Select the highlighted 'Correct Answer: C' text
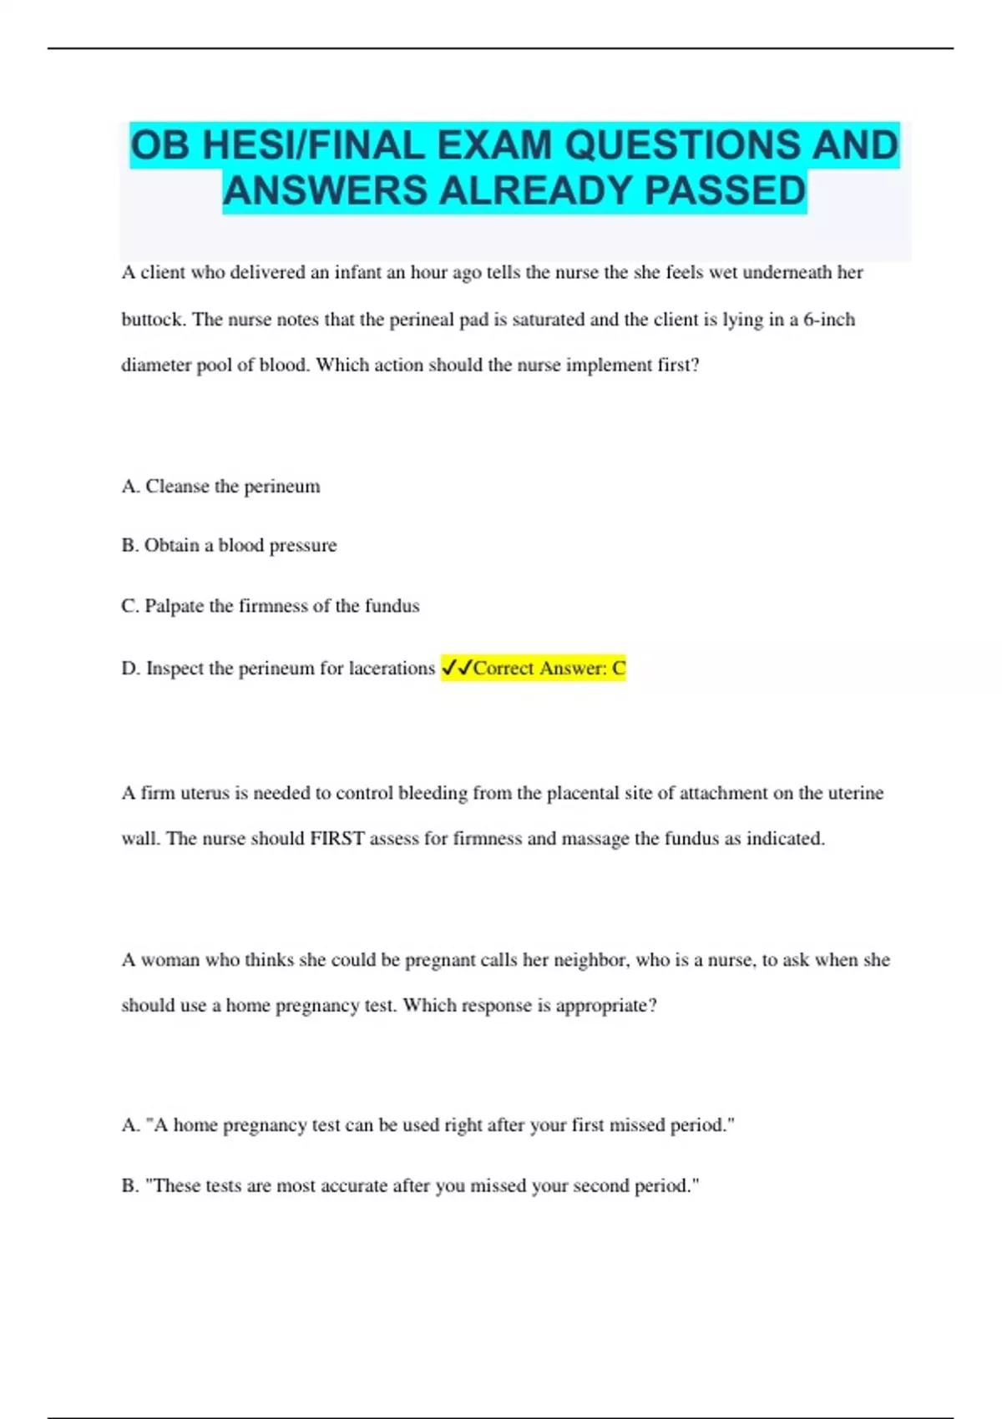click(x=549, y=669)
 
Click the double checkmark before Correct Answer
click(x=457, y=668)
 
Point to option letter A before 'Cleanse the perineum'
click(x=129, y=487)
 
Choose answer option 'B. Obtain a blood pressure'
click(x=229, y=546)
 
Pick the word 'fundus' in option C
click(x=392, y=606)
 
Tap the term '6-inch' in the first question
click(x=829, y=320)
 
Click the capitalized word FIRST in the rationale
click(x=337, y=839)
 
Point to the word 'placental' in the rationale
click(x=582, y=793)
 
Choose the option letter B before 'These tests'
click(x=129, y=1186)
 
